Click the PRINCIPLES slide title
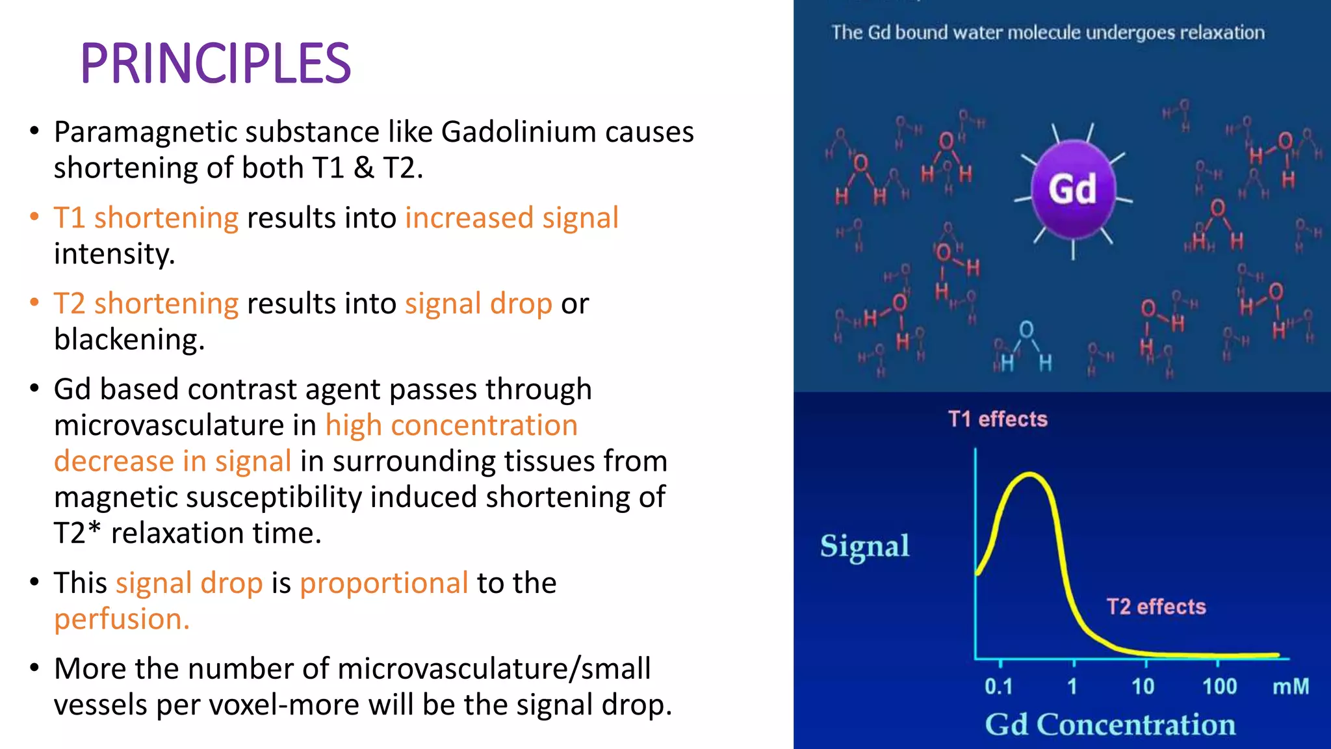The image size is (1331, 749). (x=215, y=64)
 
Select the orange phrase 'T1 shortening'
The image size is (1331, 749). (x=146, y=218)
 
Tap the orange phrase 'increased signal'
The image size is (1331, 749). (x=511, y=218)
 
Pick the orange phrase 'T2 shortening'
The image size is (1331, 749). (x=146, y=304)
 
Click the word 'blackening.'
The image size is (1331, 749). (x=129, y=339)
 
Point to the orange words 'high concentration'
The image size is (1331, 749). (x=451, y=425)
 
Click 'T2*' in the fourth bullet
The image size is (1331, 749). (x=77, y=533)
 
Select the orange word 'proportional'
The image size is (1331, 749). (x=383, y=583)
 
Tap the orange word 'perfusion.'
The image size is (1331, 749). (x=122, y=619)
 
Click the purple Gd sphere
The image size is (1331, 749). (x=1073, y=189)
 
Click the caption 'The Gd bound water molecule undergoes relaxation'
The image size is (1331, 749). (x=1048, y=33)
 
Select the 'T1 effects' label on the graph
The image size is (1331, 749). (x=998, y=419)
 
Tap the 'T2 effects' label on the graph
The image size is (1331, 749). (x=1156, y=607)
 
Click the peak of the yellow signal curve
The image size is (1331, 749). (x=1029, y=475)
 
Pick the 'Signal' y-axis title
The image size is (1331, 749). (x=864, y=546)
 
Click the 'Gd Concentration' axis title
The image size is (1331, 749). (x=1109, y=724)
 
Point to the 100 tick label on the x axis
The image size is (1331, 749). (x=1219, y=687)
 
